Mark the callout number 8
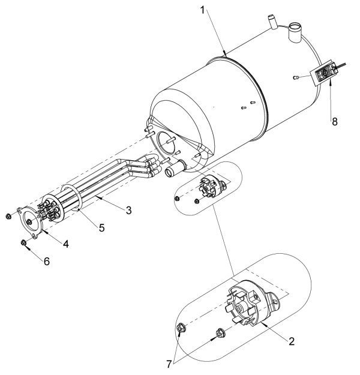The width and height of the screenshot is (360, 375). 335,121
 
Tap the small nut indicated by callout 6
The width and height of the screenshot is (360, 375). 22,242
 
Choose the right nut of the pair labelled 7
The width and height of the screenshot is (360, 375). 220,331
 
